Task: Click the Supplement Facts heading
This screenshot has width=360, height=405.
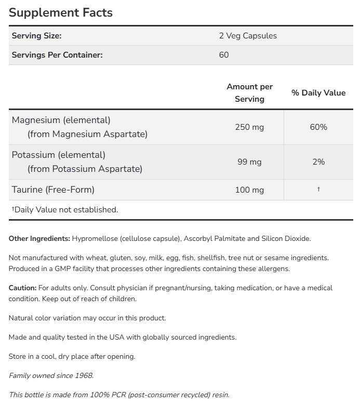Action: (x=61, y=12)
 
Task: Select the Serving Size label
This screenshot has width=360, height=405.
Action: (x=36, y=36)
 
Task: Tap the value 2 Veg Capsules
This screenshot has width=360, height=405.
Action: (x=248, y=36)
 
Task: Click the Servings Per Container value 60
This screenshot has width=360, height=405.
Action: (x=224, y=55)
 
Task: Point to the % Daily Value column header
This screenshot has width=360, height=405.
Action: (x=318, y=93)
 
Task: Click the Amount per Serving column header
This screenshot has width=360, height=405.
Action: (x=249, y=92)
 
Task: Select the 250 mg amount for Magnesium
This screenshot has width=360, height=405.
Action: (x=249, y=127)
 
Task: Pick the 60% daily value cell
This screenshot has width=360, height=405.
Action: (x=318, y=127)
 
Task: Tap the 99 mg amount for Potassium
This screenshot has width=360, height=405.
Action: (x=249, y=162)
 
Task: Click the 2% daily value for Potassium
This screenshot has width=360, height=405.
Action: (x=318, y=162)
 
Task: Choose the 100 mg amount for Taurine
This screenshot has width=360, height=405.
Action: (x=249, y=190)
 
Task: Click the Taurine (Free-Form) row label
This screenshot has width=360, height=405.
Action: (x=53, y=190)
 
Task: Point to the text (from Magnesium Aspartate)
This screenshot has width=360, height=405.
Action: (x=87, y=134)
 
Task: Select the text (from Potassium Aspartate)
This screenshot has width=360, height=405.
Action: (x=85, y=169)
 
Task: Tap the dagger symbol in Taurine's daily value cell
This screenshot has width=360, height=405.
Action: (x=318, y=190)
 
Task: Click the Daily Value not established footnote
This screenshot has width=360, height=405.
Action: (x=64, y=210)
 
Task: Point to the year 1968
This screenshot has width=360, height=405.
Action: (x=83, y=375)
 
